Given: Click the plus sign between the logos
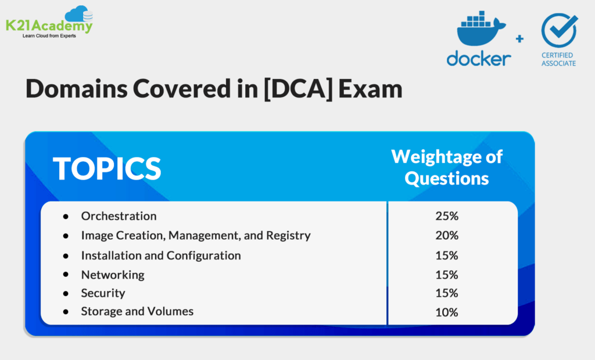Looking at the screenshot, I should pos(519,39).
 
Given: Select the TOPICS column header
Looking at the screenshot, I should pos(107,167).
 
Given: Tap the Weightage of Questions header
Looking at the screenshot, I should pos(446,167).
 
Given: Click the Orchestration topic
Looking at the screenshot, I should pos(119,216).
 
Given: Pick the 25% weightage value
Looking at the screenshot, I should pos(447,216).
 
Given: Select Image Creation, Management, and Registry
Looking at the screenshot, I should pos(196,236).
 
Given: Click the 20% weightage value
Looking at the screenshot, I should pos(447,236).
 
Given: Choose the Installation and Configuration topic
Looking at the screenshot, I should pos(160,255).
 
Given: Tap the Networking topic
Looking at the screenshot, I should pos(113,275).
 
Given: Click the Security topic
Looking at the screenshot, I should pos(103,293).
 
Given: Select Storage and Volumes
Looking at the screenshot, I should pos(137,312).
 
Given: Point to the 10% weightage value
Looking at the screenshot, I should pos(447,312).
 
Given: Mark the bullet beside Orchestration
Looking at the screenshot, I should pos(66,216).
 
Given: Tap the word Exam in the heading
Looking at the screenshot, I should pos(371,90).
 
